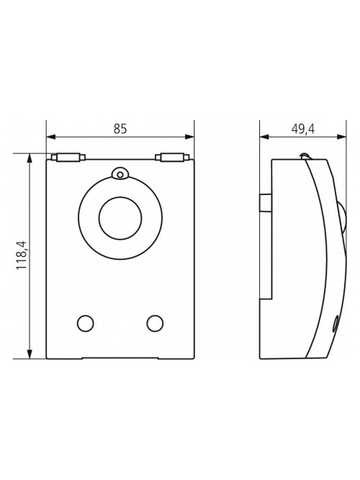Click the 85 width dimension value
click(x=120, y=129)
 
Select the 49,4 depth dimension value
click(x=302, y=130)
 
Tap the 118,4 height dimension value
click(x=22, y=255)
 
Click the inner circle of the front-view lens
click(x=120, y=217)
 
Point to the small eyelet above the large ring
click(x=120, y=173)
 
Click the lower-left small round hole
click(x=86, y=323)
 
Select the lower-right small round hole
click(x=155, y=323)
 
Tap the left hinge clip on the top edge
click(x=68, y=157)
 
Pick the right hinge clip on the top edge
click(x=172, y=157)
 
